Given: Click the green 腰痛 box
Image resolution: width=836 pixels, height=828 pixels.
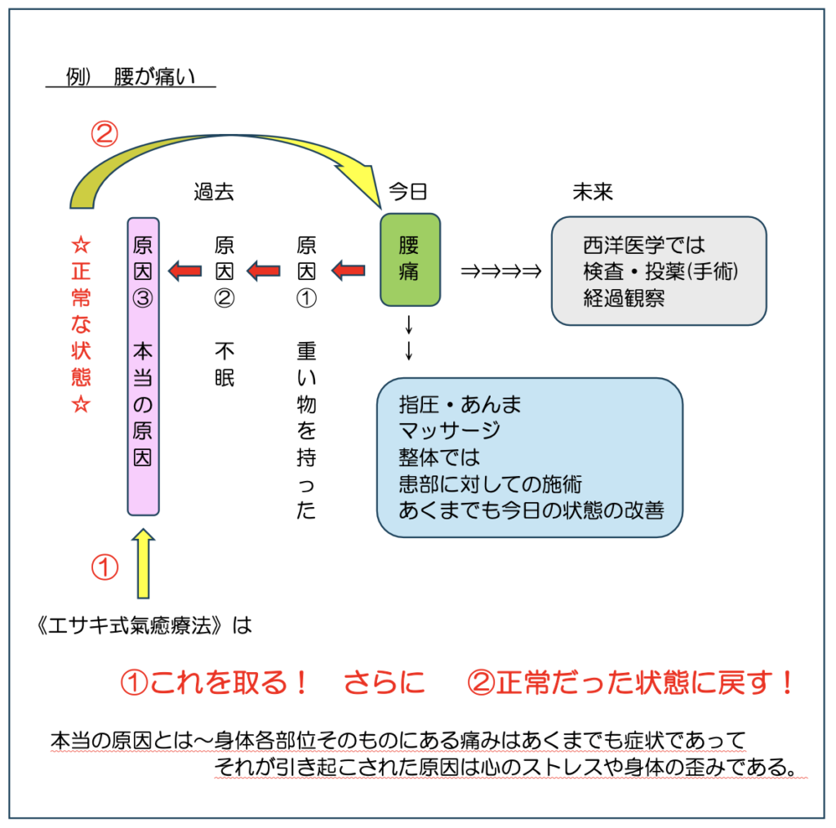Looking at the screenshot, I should coord(410,260).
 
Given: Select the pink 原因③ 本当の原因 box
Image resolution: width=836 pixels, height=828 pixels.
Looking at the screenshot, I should coord(143,366).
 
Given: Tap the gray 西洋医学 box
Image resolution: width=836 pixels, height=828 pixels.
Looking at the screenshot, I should coord(659,270).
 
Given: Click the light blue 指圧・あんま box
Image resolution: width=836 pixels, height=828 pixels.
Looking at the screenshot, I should coord(529,457).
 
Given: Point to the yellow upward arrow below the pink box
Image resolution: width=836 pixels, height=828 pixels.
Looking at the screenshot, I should coord(143,563).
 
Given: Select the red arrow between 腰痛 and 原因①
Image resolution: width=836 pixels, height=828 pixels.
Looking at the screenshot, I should coord(349,269).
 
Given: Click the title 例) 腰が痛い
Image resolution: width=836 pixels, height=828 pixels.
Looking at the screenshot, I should coord(131,78).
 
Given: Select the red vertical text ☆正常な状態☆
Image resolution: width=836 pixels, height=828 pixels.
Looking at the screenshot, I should coord(81,324).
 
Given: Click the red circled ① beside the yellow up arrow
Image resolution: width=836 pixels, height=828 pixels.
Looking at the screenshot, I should coord(104,568).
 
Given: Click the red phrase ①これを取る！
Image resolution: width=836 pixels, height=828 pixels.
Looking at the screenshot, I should coord(215,683).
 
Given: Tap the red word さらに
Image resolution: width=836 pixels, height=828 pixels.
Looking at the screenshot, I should coord(385,683).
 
